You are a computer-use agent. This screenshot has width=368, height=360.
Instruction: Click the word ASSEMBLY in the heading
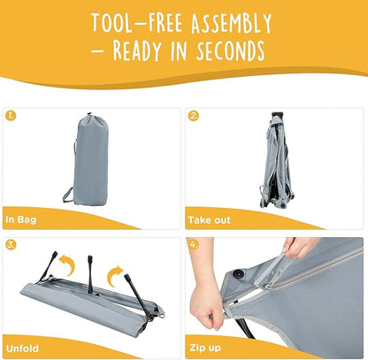[x=231, y=23]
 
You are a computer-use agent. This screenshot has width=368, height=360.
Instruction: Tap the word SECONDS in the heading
[x=231, y=50]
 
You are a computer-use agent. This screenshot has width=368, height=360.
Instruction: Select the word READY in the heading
[x=137, y=50]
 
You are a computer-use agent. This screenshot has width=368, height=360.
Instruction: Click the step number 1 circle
[x=11, y=116]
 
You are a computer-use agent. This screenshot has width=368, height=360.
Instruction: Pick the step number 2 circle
[x=194, y=116]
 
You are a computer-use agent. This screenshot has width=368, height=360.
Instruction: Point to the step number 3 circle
[x=11, y=245]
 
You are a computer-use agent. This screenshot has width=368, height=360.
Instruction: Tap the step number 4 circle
[x=194, y=245]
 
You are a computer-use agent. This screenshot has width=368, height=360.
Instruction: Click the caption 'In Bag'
[x=21, y=219]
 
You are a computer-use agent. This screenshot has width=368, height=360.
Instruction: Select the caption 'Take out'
[x=210, y=220]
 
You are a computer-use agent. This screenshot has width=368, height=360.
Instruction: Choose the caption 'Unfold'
[x=22, y=349]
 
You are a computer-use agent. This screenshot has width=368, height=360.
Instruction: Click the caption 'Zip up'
[x=205, y=348]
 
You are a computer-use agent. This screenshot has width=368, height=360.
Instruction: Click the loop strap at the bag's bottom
[x=68, y=195]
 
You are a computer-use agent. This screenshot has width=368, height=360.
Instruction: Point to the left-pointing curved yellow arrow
[x=68, y=264]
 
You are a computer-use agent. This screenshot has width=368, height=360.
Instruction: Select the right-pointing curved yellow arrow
[x=114, y=276]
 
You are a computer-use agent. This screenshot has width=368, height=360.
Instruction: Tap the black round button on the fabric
[x=239, y=273]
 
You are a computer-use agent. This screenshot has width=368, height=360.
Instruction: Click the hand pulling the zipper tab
[x=299, y=248]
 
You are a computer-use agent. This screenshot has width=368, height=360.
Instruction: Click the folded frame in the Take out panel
[x=276, y=161]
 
